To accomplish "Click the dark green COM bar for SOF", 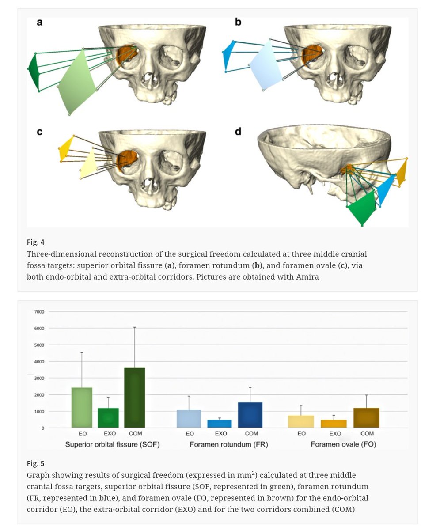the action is (x=134, y=397).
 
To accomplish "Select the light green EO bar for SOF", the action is (x=82, y=408).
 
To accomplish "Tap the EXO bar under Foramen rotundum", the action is (x=220, y=424).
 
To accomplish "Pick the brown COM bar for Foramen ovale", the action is (x=366, y=418).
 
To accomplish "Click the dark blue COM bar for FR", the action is (x=250, y=415).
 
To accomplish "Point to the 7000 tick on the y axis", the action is (x=39, y=312).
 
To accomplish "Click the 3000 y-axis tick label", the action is (x=39, y=378).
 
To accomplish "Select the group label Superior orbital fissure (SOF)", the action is (x=112, y=444).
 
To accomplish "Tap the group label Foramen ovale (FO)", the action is (x=343, y=444).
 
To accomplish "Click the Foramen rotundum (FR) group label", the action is (x=229, y=444).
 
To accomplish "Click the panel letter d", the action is (x=238, y=132).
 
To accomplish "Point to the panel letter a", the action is (x=40, y=22).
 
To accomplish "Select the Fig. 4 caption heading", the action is (x=36, y=242).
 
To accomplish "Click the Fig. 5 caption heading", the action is (x=36, y=463).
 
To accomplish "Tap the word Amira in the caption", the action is (x=308, y=277).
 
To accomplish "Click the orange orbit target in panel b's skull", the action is (x=311, y=55).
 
